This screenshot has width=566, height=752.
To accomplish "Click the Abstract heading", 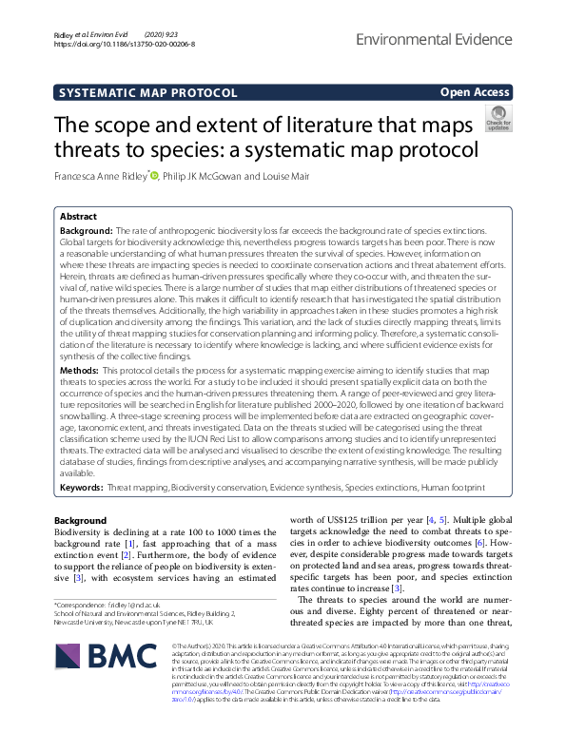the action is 78,217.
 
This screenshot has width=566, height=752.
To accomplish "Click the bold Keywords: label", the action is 82,487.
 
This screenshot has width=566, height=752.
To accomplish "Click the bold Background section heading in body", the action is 81,521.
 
